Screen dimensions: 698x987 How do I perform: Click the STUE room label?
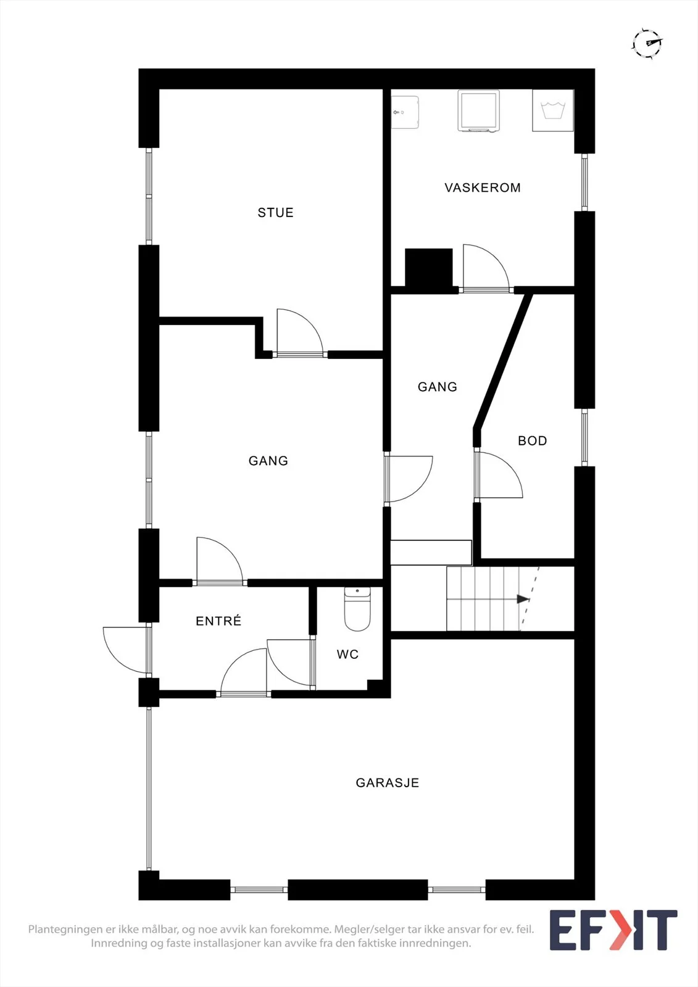click(x=276, y=212)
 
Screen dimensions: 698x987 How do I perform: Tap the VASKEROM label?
click(x=483, y=188)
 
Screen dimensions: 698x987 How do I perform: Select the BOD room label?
click(x=532, y=440)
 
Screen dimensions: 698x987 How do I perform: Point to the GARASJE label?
click(x=387, y=783)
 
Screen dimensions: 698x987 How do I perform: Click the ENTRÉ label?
click(x=218, y=621)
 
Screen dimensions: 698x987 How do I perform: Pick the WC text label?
click(x=347, y=655)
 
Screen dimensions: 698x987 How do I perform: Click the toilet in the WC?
click(x=357, y=609)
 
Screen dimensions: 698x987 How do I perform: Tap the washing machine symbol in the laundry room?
click(x=553, y=110)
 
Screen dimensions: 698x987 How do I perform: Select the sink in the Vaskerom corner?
click(x=405, y=112)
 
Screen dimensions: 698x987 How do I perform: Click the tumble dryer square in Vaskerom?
click(x=478, y=110)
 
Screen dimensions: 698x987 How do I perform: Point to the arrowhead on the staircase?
click(x=523, y=599)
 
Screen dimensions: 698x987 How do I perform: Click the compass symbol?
click(x=647, y=43)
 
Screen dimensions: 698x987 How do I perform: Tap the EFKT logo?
click(x=613, y=930)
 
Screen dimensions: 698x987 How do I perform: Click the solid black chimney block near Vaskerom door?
click(x=428, y=268)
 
